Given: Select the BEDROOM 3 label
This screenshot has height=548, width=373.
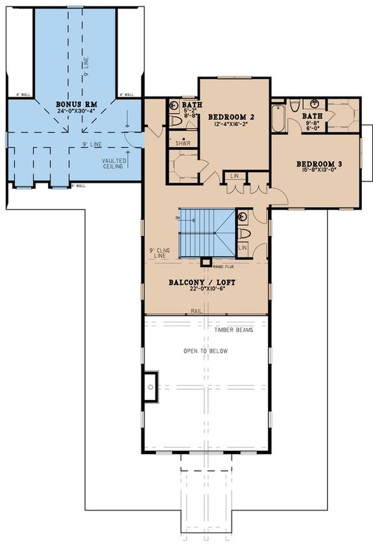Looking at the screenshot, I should pos(319,163).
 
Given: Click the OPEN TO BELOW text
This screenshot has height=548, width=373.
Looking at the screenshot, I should pos(206,351).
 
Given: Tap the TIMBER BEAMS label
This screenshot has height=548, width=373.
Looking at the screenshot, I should pos(234,329).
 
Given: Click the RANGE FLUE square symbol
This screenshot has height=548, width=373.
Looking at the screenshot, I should pos(206,262).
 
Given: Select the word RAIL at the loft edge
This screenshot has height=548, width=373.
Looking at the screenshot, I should pos(195,311).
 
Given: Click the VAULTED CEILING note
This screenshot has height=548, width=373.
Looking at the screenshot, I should pos(114,164).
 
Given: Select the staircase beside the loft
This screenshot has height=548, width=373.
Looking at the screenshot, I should pos(205,232).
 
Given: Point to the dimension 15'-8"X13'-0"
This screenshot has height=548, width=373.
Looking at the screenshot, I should pos(319,171).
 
